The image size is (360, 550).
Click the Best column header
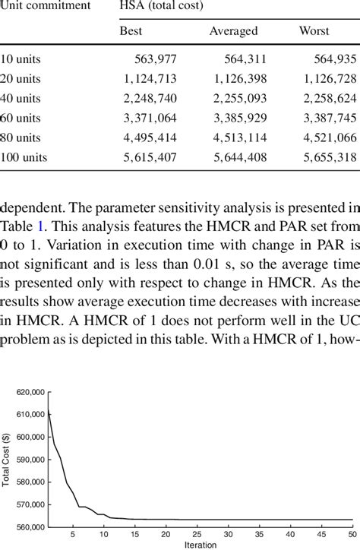click(x=131, y=31)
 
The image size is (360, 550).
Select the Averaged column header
click(x=233, y=31)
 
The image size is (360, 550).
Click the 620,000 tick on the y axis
click(x=31, y=392)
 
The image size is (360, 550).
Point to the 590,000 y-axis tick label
click(x=31, y=459)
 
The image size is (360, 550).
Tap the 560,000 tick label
click(x=31, y=526)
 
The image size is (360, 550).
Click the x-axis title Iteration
click(x=200, y=545)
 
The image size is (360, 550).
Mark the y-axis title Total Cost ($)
click(x=6, y=459)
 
